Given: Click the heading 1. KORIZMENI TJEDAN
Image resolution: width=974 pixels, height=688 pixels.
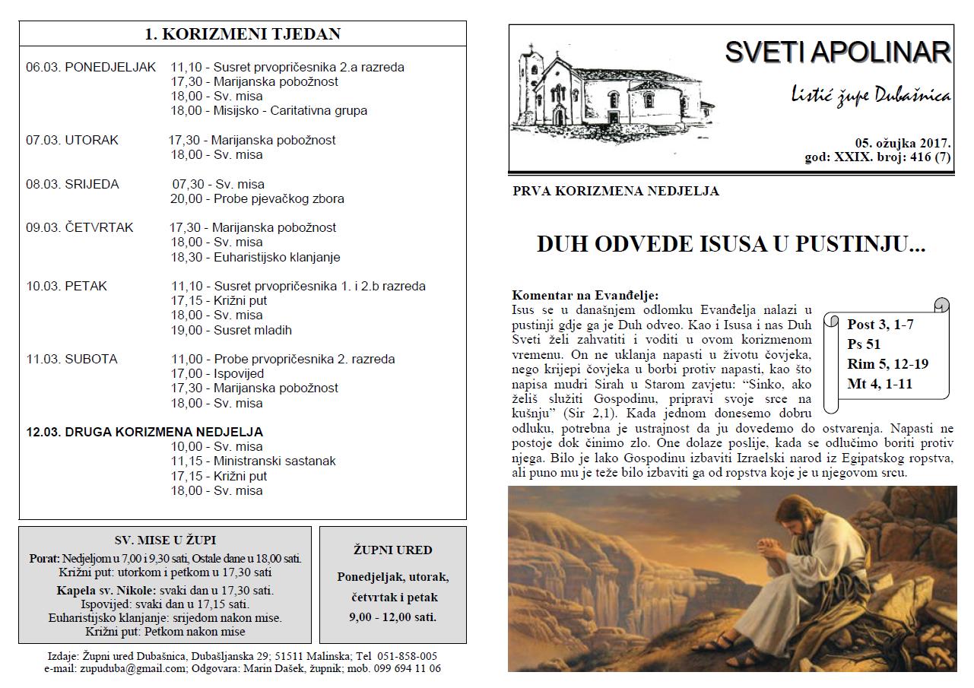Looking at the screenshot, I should point(243,33).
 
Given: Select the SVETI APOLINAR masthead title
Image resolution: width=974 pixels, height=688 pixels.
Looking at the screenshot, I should point(837,52).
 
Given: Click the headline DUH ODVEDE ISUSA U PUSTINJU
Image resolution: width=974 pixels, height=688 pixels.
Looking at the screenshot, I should point(731,245).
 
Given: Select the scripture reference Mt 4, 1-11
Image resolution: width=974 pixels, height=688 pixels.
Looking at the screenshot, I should point(880,383).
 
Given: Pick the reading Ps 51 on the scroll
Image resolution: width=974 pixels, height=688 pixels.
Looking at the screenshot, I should point(864,344).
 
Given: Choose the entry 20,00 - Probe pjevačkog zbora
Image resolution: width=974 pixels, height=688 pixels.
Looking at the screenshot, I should point(258,198).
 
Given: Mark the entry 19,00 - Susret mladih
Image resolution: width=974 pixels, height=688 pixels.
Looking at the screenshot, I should point(231,330).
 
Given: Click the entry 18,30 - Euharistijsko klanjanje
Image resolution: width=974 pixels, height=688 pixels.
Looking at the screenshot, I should point(255,257).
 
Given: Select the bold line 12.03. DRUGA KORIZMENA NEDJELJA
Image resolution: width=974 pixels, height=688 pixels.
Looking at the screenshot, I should point(144,432).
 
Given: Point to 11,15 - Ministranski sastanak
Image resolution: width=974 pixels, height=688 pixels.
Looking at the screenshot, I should point(253,461).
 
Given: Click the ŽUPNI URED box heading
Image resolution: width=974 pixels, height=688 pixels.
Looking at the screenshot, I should point(393,550).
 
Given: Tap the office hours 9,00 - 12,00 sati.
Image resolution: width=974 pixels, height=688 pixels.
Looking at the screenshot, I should point(393,617).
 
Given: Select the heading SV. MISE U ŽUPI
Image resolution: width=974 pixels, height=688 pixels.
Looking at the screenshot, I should point(165,540).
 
